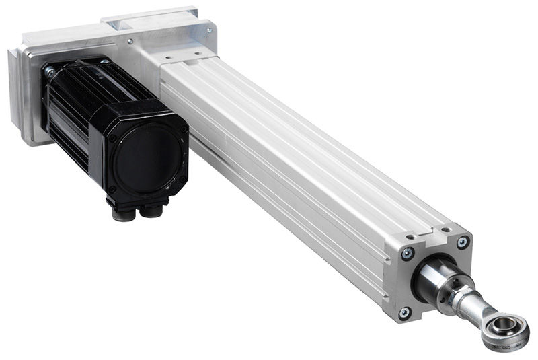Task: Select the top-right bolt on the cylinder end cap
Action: [463, 242]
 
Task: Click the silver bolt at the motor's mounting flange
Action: [48, 69]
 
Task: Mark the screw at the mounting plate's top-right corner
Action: [210, 30]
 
